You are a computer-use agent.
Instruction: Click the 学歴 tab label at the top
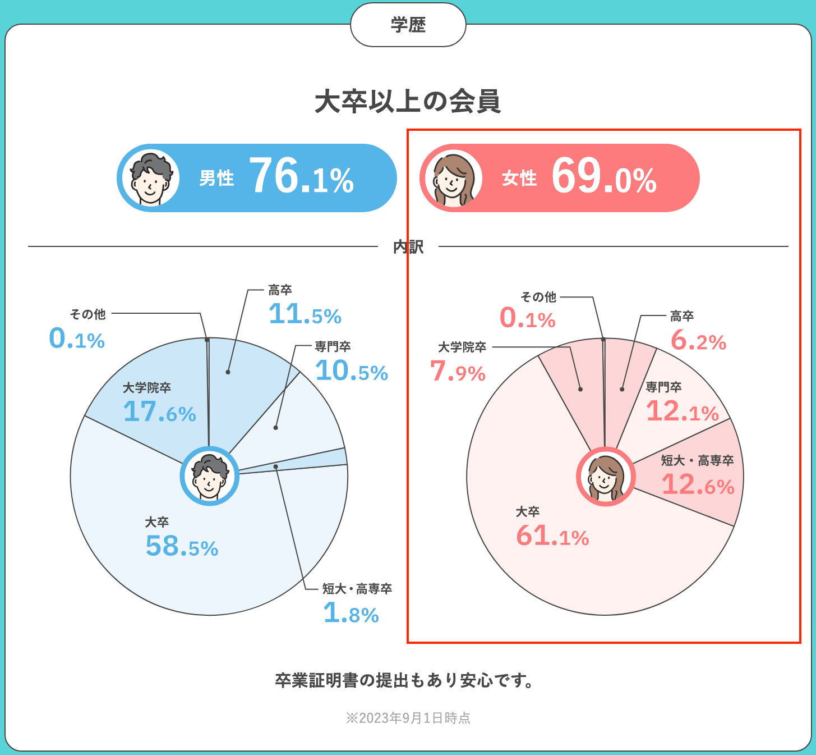tap(408, 25)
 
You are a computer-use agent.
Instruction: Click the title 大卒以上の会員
tap(408, 102)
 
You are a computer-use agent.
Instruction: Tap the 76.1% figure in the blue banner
tap(301, 177)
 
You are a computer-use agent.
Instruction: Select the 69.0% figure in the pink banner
tap(604, 177)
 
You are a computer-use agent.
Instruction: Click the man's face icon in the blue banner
tap(151, 178)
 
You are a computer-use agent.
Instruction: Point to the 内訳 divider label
tap(408, 246)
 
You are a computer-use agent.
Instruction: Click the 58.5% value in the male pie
tap(182, 546)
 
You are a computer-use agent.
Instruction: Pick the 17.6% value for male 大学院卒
tap(160, 412)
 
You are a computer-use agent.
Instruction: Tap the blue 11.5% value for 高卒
tap(305, 314)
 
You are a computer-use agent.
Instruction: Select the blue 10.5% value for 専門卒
tap(352, 371)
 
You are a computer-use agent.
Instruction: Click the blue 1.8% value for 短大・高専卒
tap(351, 614)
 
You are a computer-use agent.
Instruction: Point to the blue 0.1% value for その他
tap(77, 339)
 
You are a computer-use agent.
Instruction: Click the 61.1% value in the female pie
tap(552, 536)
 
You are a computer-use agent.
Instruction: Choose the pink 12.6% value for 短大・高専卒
tap(698, 485)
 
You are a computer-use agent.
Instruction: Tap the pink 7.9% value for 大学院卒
tap(458, 372)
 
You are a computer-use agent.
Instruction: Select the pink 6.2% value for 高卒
tap(698, 341)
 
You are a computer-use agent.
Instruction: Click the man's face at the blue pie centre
tap(209, 476)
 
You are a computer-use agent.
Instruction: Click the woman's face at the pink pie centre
tap(606, 477)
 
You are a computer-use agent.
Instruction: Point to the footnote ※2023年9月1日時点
tap(408, 718)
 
